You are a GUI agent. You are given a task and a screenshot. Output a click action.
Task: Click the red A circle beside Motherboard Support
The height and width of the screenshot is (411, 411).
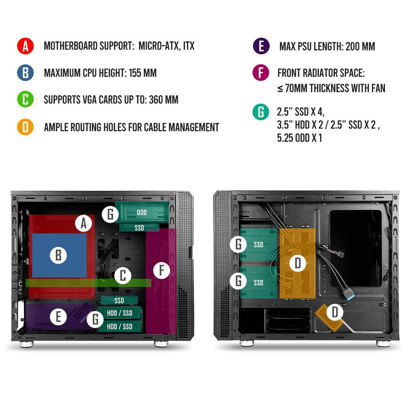point(25,46)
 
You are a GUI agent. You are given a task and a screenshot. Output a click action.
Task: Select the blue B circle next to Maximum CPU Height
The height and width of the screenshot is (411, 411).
point(25,73)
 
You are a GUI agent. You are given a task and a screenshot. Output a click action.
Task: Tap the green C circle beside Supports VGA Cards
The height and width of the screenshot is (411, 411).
point(25,100)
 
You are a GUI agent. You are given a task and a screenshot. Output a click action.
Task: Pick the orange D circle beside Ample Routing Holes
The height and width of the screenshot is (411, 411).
point(25,127)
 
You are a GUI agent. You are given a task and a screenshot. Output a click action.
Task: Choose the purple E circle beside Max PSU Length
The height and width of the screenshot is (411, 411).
point(261,46)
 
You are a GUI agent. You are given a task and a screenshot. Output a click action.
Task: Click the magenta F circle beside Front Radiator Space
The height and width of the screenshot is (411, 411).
point(261,73)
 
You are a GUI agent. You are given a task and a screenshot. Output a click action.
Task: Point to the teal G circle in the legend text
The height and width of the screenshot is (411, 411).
point(261,112)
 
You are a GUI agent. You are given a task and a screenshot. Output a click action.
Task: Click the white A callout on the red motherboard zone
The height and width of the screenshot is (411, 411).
point(83,223)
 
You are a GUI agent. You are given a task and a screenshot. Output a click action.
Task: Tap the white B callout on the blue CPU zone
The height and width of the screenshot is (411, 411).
point(59,255)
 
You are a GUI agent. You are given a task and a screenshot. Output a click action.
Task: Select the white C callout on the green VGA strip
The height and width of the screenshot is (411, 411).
point(123,276)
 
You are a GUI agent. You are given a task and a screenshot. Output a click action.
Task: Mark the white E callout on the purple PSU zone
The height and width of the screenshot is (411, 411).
point(59,317)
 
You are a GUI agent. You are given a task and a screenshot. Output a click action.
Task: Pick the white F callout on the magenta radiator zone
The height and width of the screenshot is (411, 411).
point(162,271)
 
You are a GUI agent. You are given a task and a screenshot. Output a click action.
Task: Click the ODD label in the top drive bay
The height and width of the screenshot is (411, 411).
point(142,212)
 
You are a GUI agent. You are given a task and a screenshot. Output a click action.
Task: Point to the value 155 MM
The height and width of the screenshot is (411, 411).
point(143,73)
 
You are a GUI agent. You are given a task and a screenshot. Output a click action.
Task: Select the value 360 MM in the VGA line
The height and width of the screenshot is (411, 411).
point(163,100)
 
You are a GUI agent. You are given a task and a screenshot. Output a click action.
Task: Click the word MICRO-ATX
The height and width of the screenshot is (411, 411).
point(159,46)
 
